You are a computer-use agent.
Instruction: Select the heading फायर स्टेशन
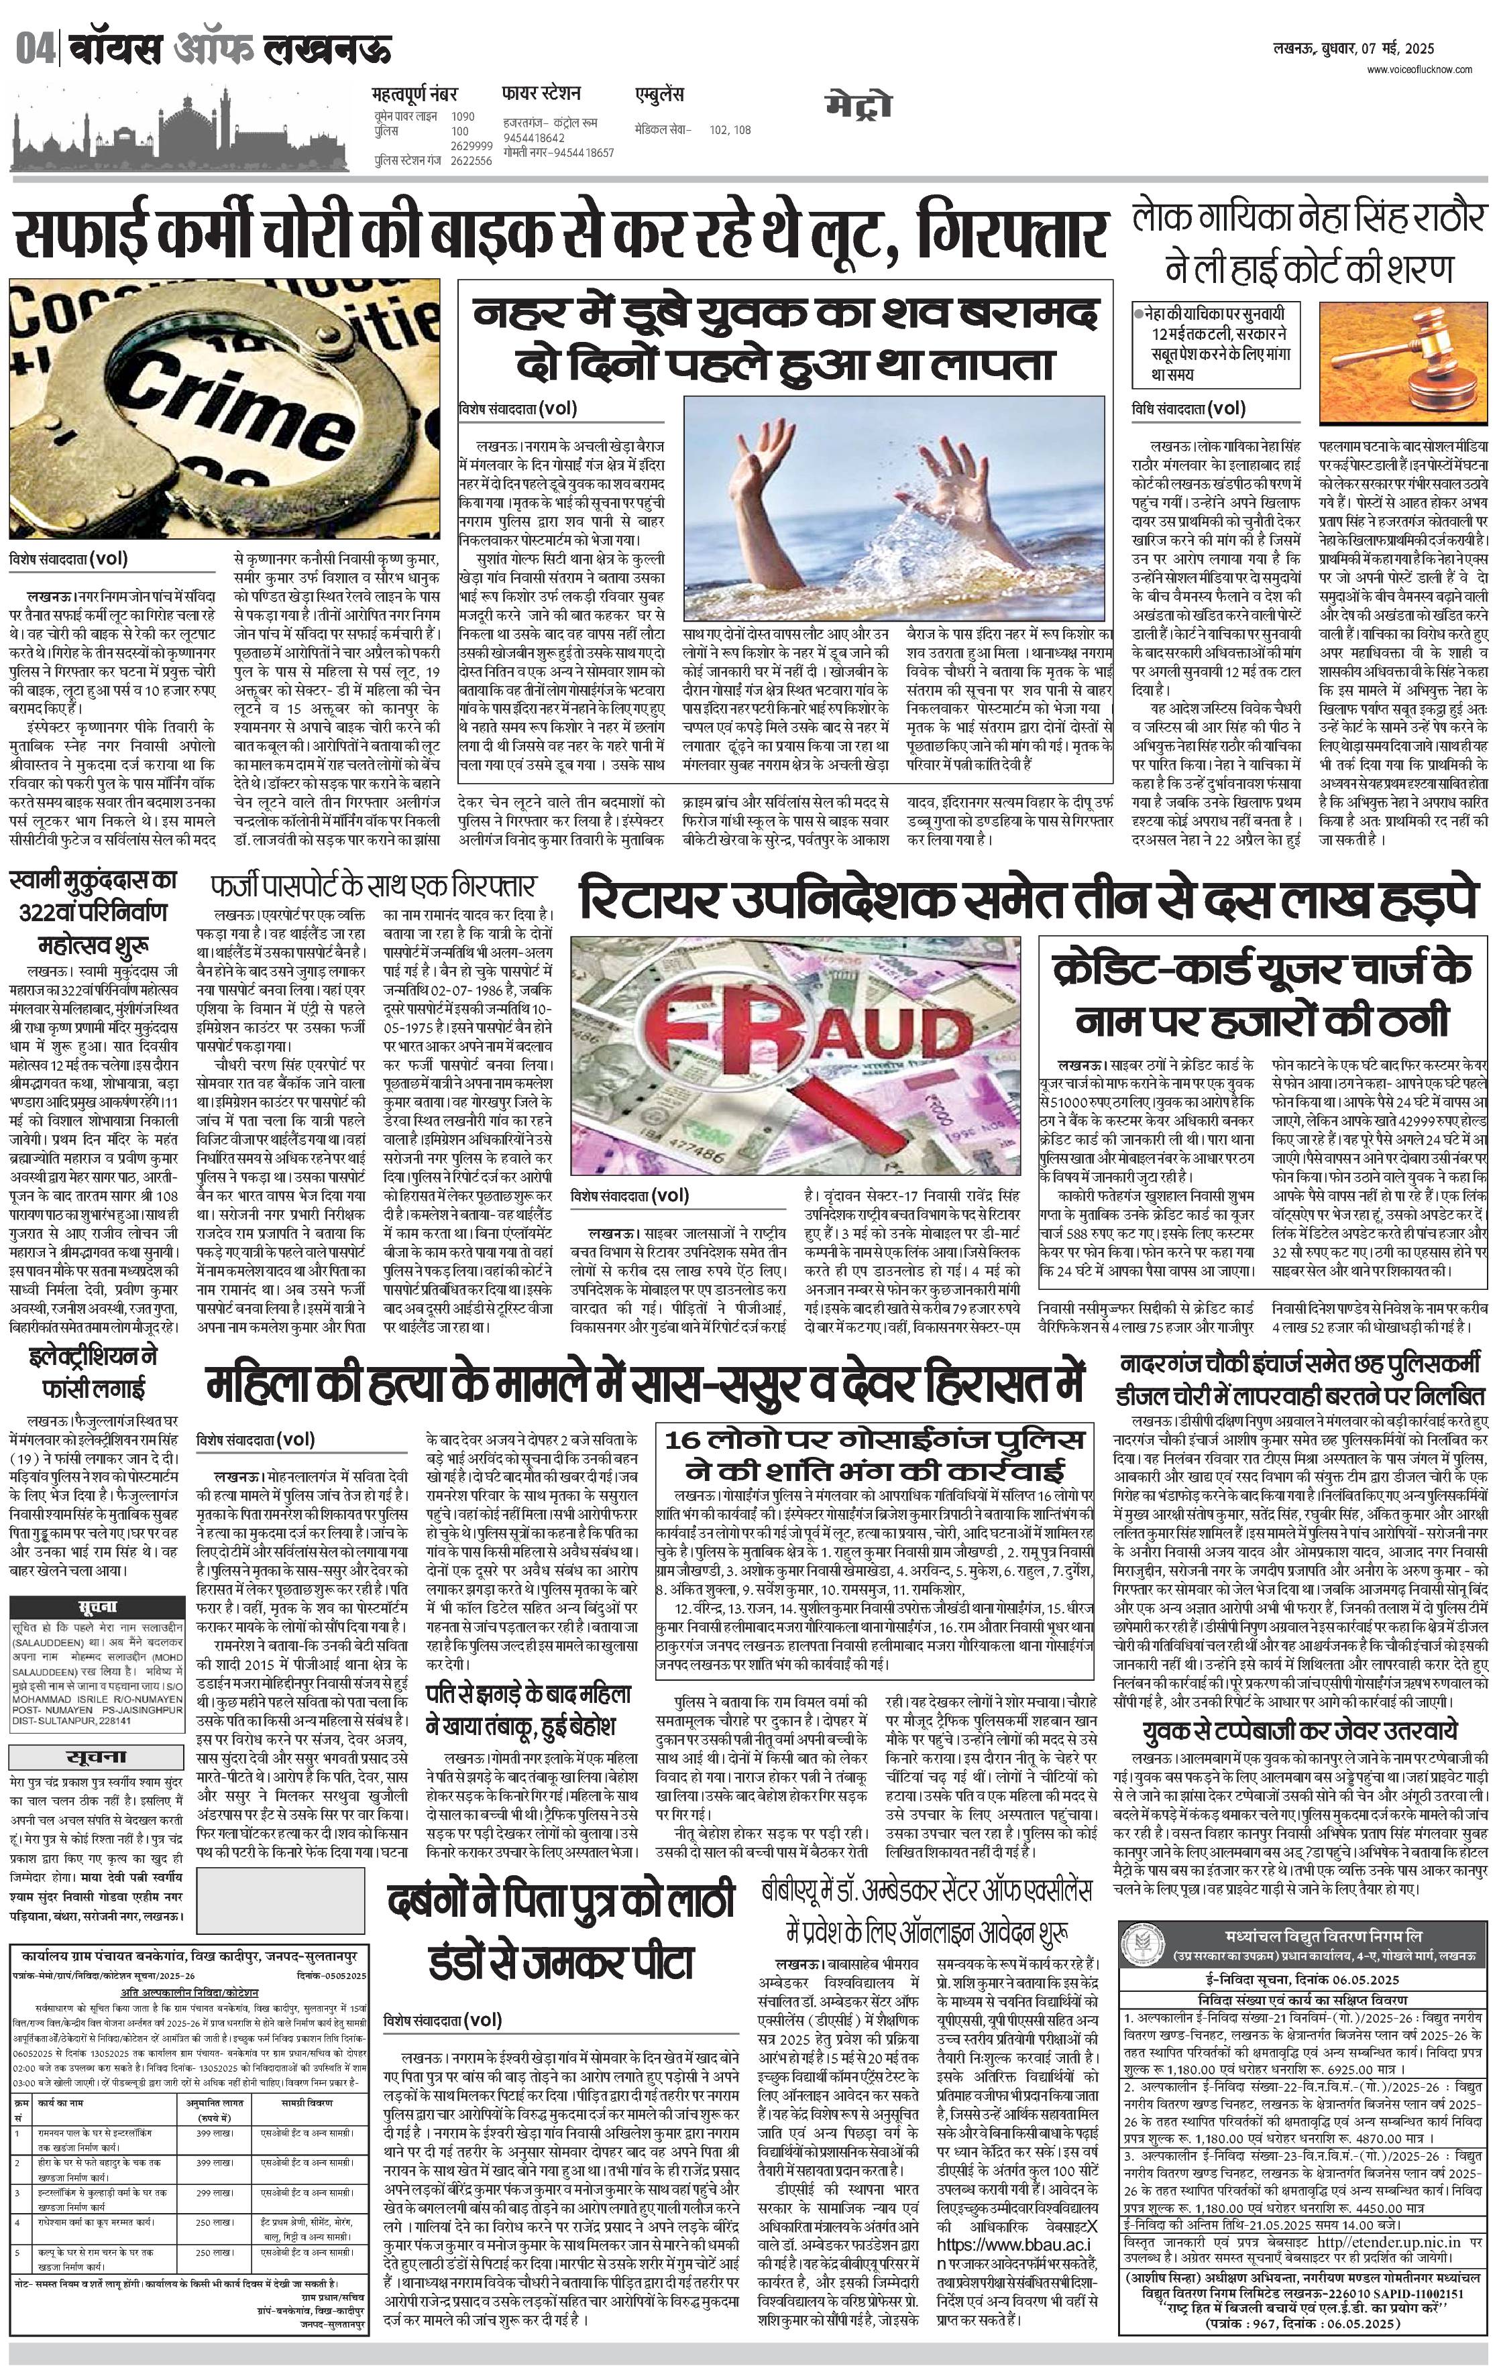541,94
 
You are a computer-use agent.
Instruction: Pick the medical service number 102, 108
730,129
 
